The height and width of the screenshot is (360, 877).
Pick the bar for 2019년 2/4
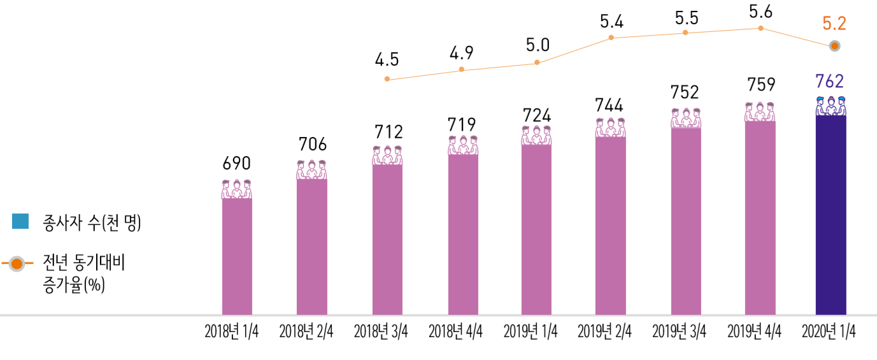[611, 226]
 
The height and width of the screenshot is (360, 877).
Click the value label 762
[831, 82]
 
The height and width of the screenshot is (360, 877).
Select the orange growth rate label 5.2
[834, 24]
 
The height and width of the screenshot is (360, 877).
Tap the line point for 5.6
[760, 28]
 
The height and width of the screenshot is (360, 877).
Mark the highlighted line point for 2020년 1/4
[834, 46]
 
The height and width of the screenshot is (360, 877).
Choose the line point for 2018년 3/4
[387, 80]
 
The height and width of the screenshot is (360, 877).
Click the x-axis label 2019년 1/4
[531, 332]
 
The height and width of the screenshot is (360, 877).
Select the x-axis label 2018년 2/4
[306, 332]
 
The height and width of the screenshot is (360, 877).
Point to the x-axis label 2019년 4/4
[754, 332]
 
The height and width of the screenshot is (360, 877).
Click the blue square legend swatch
[20, 221]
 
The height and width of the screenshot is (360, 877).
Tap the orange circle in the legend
[17, 264]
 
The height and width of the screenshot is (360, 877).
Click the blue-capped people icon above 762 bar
[831, 106]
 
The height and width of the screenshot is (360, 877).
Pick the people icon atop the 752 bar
[685, 118]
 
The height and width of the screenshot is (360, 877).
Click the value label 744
[611, 104]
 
